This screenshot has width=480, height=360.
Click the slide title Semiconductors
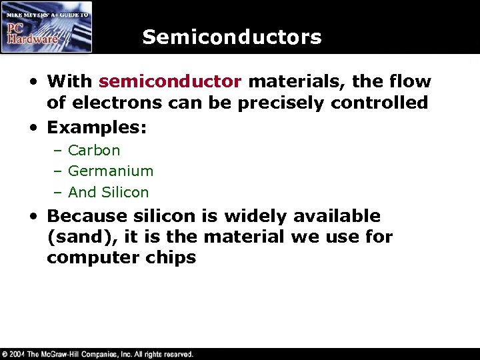coord(231,37)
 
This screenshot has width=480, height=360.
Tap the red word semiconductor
coord(169,82)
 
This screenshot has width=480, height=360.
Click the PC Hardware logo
coord(46,27)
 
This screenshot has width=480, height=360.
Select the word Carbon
coord(94,150)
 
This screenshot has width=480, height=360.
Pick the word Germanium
coord(111,171)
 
